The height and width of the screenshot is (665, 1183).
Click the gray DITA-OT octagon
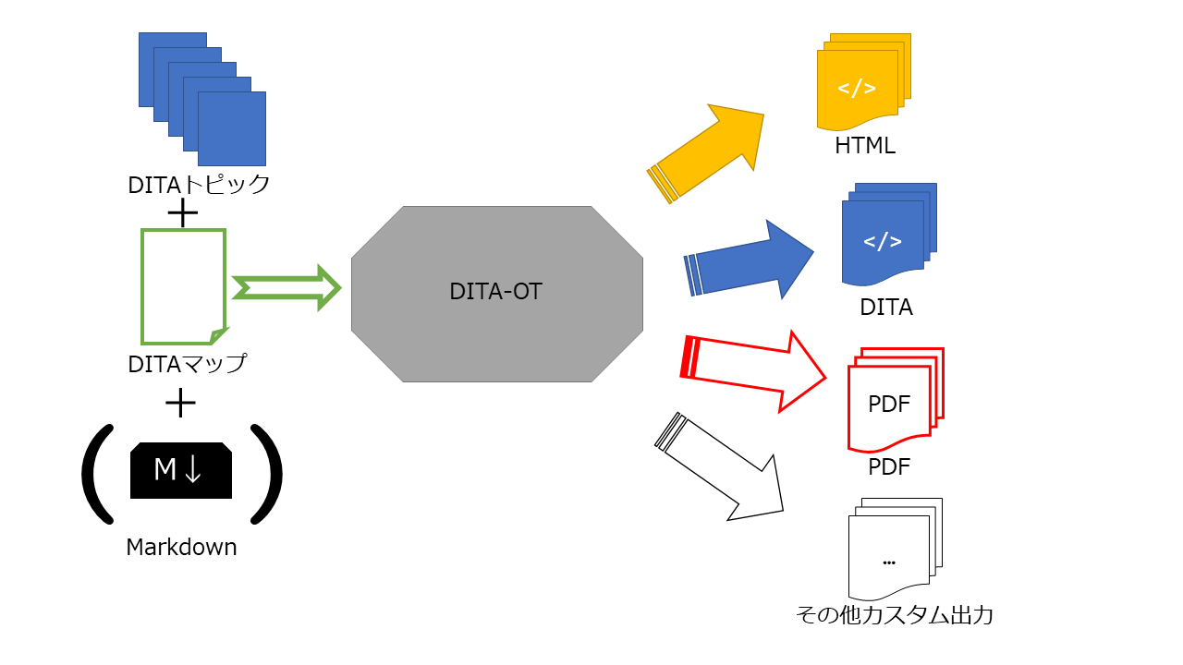[x=496, y=293]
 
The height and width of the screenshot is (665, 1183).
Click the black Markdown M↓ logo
[x=181, y=470]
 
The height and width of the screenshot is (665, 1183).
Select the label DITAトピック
[x=199, y=185]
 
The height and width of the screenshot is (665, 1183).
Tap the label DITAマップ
[x=188, y=364]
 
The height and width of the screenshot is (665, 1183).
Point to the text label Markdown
[x=181, y=548]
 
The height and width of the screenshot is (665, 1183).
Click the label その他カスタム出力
[x=894, y=615]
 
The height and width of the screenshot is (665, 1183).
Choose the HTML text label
[x=864, y=146]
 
